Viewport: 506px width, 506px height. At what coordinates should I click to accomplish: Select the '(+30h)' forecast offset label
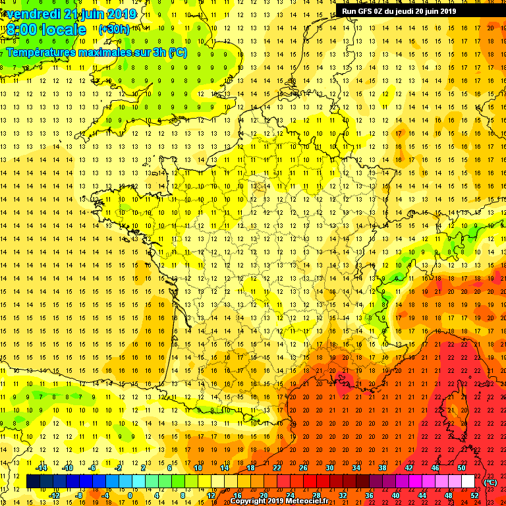pos(114,30)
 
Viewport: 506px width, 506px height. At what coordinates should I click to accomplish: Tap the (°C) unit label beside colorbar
pos(490,482)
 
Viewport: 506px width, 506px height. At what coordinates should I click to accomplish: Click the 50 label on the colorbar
pos(461,468)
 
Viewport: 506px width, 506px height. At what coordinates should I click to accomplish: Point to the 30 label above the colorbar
pos(329,468)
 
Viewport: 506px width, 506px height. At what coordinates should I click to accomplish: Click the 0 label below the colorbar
pos(130,495)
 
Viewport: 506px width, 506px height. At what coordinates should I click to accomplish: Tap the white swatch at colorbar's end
pos(468,482)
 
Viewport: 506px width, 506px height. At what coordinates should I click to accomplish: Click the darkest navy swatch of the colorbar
pos(33,482)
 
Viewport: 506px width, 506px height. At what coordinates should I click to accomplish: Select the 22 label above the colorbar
pos(277,468)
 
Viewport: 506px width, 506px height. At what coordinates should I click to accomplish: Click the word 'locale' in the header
pos(63,30)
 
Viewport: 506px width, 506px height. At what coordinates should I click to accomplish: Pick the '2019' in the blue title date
pos(122,14)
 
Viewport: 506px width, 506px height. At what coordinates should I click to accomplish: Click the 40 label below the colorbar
pos(395,495)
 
